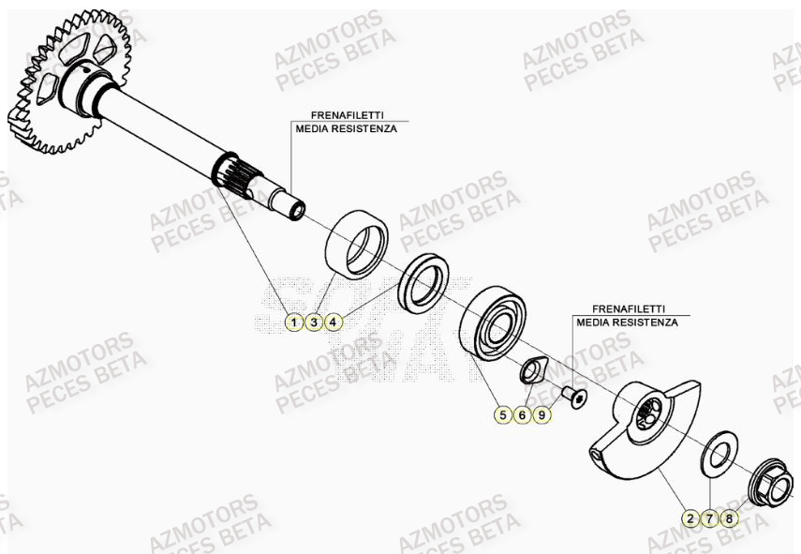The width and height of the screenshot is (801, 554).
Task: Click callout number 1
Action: point(293,322)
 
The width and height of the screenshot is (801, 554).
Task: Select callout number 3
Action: point(315,322)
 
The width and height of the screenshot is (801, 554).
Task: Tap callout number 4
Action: point(334,322)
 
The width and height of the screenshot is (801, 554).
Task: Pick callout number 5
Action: point(503,414)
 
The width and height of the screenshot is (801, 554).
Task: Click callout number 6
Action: point(523,414)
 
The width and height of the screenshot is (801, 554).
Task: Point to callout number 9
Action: point(542,414)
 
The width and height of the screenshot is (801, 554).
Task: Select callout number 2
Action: point(690,517)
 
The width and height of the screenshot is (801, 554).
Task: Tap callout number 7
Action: point(710,517)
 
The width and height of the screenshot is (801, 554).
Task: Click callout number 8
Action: point(730,517)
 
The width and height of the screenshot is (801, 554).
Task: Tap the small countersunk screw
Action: point(574,400)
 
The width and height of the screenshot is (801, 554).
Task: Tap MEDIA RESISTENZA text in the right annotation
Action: point(627,322)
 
